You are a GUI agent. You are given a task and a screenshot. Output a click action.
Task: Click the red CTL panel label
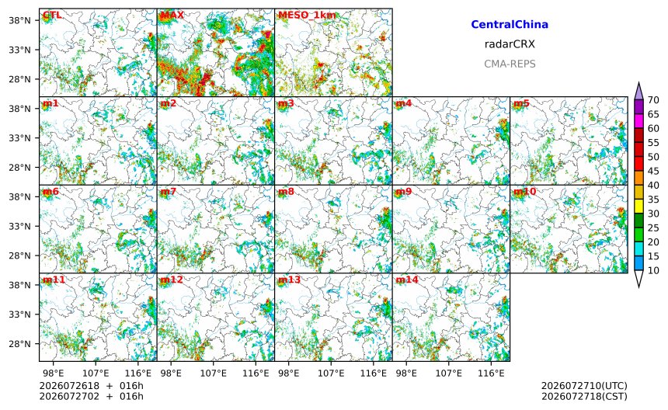coord(52,16)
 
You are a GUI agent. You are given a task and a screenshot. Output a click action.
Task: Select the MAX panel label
coord(172,16)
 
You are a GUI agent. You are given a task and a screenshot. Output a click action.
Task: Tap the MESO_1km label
coord(307,16)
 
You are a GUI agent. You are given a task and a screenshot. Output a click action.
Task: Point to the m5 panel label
coord(521,103)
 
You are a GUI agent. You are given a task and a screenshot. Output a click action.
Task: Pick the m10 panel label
coord(524,192)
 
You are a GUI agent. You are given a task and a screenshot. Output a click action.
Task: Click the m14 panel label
coord(407,280)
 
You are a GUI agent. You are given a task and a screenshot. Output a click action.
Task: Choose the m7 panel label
coord(168,192)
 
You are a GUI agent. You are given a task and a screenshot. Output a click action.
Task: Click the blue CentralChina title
coord(510,24)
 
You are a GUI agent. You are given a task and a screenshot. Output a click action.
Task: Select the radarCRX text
coord(510,44)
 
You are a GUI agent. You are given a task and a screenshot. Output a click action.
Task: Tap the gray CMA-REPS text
coord(510,64)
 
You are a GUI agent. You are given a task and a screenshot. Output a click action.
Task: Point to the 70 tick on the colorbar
coord(653,100)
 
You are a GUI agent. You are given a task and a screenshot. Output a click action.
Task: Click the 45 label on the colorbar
coord(653,171)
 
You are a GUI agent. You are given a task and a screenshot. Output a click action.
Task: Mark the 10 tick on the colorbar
coord(653,270)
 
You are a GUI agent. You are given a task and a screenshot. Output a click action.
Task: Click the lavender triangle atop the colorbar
coord(638,91)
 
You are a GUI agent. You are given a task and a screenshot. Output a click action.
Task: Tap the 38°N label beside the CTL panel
coord(19,20)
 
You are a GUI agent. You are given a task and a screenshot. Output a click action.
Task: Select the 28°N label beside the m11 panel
coord(19,344)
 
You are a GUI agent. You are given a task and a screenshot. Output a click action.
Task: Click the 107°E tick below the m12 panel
coord(214,374)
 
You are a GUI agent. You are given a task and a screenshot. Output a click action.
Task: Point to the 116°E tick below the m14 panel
coord(491,374)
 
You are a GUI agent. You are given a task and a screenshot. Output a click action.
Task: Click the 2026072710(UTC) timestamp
coord(584,386)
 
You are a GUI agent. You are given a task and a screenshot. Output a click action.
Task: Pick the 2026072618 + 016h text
coord(91,386)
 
